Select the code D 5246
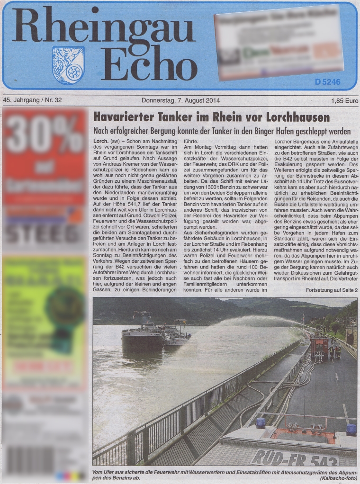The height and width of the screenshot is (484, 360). (327, 82)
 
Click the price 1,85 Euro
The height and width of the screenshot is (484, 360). (344, 100)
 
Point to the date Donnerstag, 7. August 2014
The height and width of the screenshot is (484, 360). (181, 100)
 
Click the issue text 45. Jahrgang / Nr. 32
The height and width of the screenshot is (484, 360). (32, 100)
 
